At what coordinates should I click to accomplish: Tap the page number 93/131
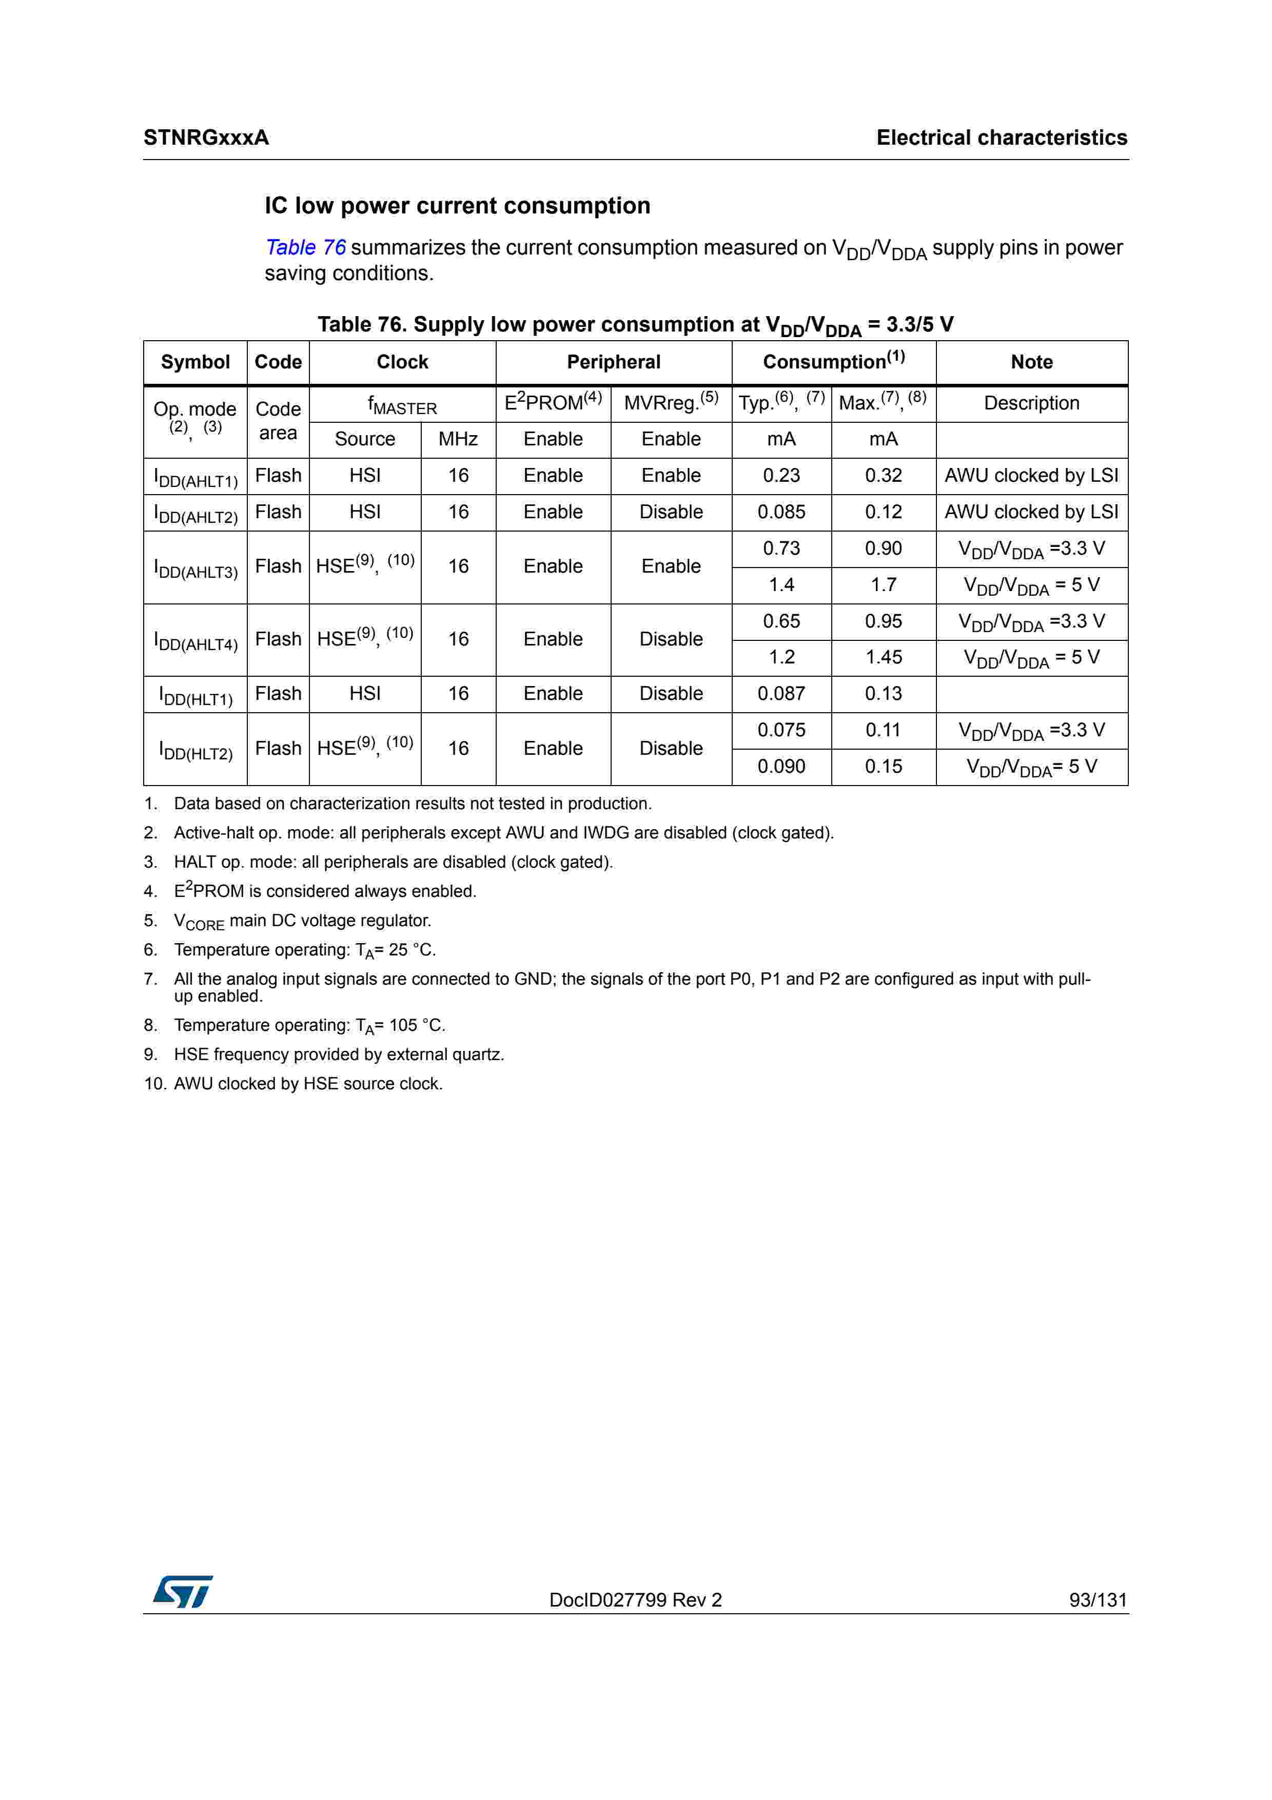(1097, 1600)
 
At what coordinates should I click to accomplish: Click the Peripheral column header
(614, 362)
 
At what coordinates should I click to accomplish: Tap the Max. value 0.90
(883, 549)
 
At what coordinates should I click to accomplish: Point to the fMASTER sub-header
(402, 405)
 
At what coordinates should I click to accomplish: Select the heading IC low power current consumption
(457, 206)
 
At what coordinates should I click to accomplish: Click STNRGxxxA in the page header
(206, 138)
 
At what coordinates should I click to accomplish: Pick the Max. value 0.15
(883, 767)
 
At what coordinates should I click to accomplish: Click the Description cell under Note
(1031, 404)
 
